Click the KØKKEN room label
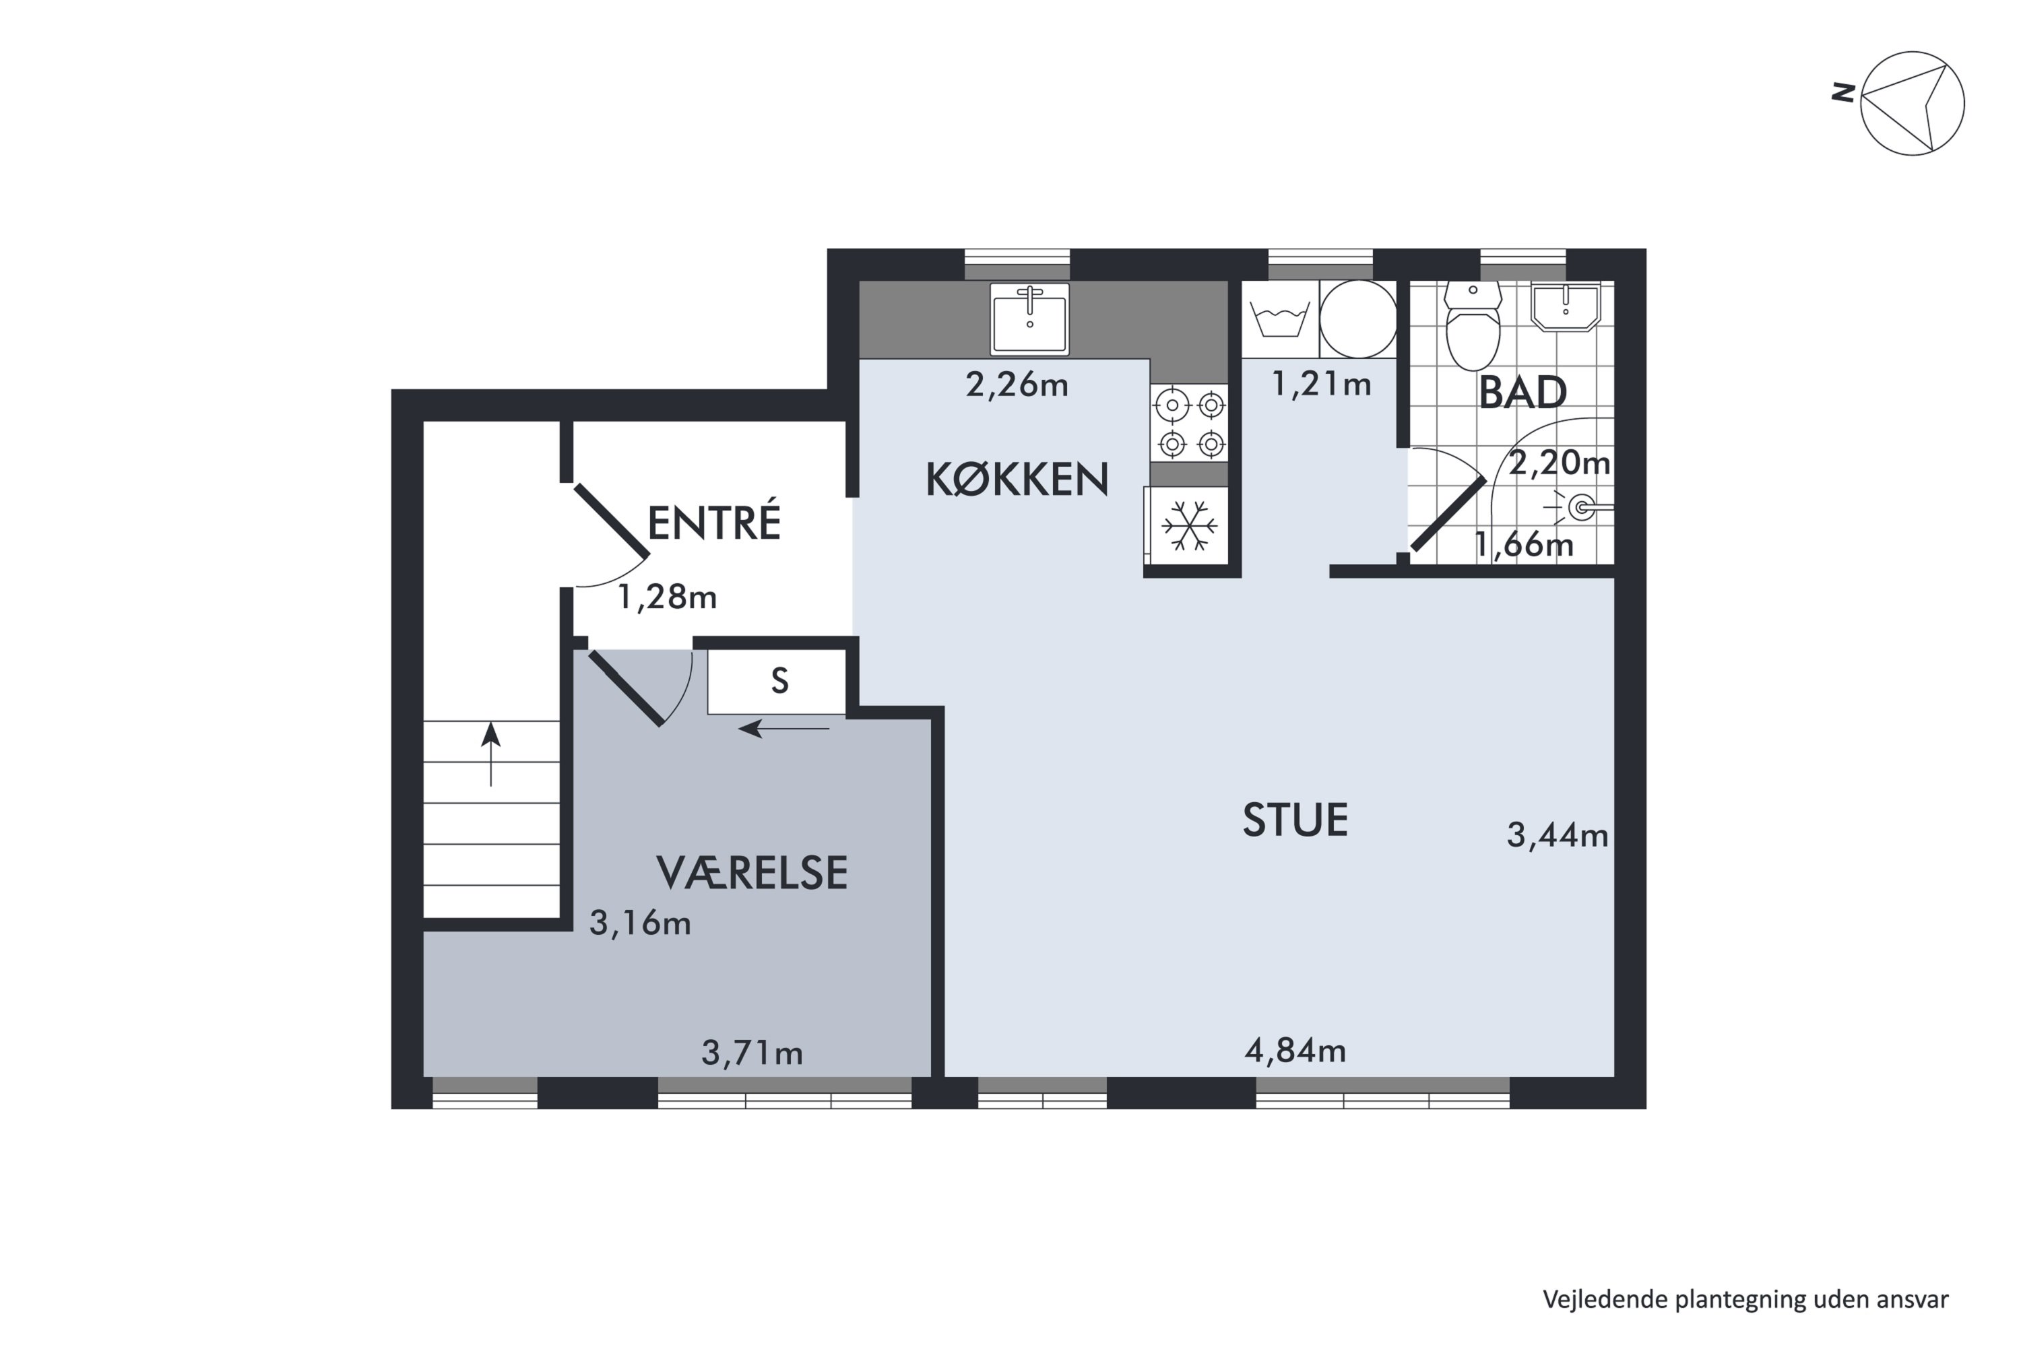coord(1017,480)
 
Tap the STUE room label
coord(1295,820)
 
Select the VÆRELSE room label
coord(752,873)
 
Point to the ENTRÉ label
coord(713,523)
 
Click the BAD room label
coord(1522,393)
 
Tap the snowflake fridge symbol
coord(1189,526)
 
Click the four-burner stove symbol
coord(1191,424)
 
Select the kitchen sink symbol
coord(1029,319)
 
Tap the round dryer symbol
coord(1357,319)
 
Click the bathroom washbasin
coord(1566,306)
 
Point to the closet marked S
coord(779,681)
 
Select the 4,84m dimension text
coord(1295,1050)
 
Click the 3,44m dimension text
coord(1557,835)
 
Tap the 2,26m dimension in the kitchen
coord(1017,385)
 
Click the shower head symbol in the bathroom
coord(1581,508)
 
